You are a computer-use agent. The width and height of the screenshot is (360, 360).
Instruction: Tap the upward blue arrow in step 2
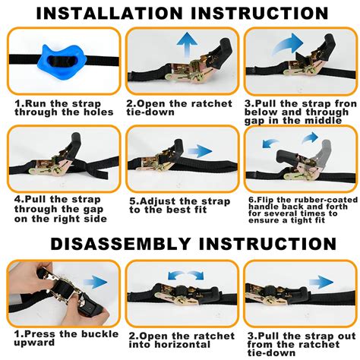(x=187, y=45)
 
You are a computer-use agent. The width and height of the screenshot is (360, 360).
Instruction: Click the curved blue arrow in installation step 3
(x=287, y=45)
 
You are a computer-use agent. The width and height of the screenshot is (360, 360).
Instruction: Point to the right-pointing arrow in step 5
(x=200, y=151)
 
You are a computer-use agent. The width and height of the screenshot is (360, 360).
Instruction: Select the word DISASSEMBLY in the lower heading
(x=121, y=244)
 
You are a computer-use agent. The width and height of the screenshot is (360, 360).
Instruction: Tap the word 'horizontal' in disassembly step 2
(x=182, y=344)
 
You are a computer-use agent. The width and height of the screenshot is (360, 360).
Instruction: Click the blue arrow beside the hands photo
(x=95, y=282)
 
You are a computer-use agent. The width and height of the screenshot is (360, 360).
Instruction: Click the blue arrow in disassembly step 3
(x=321, y=282)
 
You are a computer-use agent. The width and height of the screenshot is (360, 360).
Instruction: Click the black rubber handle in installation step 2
(x=221, y=52)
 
